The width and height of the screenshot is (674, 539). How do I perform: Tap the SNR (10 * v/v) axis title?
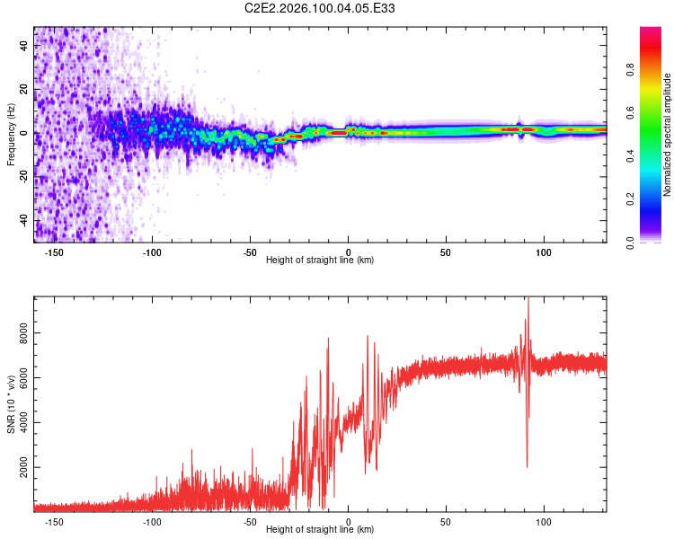(11, 404)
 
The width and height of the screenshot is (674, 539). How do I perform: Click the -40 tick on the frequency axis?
(23, 221)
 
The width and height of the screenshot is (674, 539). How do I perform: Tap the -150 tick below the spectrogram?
(53, 252)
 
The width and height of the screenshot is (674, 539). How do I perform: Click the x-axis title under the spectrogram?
(320, 261)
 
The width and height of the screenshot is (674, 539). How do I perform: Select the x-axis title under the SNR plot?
(320, 530)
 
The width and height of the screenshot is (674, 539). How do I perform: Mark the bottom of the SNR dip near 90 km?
(527, 466)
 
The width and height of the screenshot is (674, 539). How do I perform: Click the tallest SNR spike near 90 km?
(528, 299)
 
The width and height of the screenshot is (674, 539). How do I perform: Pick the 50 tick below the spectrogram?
(446, 252)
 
